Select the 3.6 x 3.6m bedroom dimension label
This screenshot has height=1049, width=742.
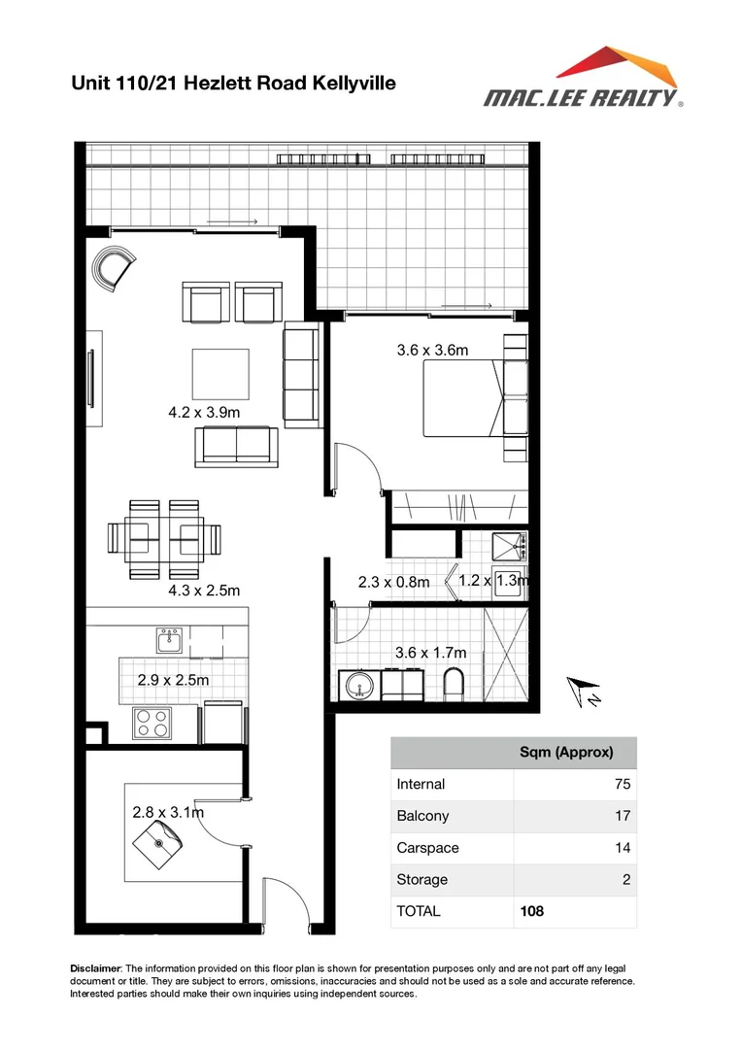[432, 351]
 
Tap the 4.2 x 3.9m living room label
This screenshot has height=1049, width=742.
[204, 412]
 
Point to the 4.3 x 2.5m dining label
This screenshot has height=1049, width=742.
[204, 590]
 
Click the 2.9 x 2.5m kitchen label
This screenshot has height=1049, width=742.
[173, 680]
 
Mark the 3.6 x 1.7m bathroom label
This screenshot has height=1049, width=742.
[430, 652]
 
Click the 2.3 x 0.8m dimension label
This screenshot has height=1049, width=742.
[393, 583]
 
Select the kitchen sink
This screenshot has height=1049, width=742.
[170, 640]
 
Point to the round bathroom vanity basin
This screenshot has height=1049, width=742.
[358, 686]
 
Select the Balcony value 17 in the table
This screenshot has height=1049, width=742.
[623, 816]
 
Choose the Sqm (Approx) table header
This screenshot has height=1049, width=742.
[566, 753]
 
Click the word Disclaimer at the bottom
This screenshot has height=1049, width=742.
[96, 969]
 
